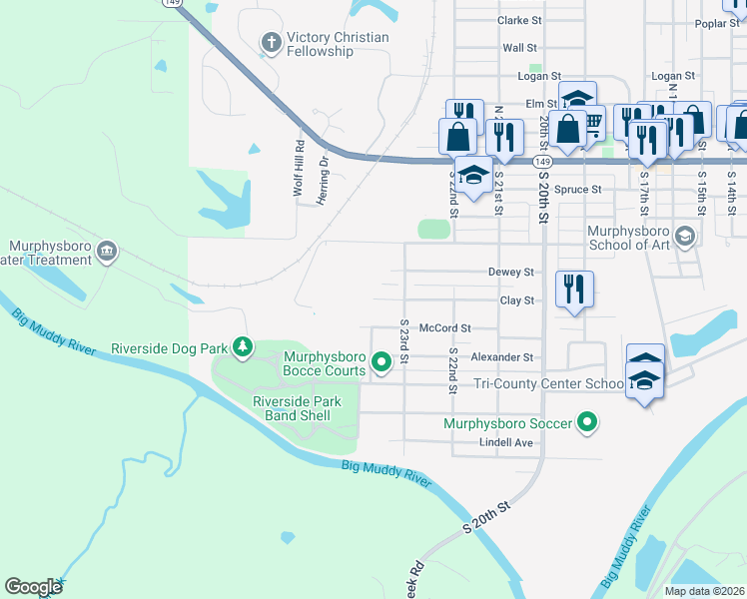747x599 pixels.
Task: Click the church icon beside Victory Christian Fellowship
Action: tap(271, 42)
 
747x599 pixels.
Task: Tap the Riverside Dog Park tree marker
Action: tap(242, 347)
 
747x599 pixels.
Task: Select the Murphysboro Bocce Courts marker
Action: tap(379, 363)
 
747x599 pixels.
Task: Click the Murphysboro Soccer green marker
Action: tap(588, 423)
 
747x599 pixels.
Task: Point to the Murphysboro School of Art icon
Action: tap(684, 237)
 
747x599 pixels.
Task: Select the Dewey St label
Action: tap(511, 272)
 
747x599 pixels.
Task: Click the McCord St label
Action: tap(444, 327)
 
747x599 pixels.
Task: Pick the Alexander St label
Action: tap(502, 356)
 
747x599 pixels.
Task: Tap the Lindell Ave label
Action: tap(506, 442)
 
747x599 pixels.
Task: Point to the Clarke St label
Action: tap(519, 20)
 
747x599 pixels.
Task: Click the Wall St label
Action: tap(519, 47)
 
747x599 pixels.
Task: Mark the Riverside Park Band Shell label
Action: tap(297, 408)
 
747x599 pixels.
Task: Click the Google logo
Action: tap(33, 586)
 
